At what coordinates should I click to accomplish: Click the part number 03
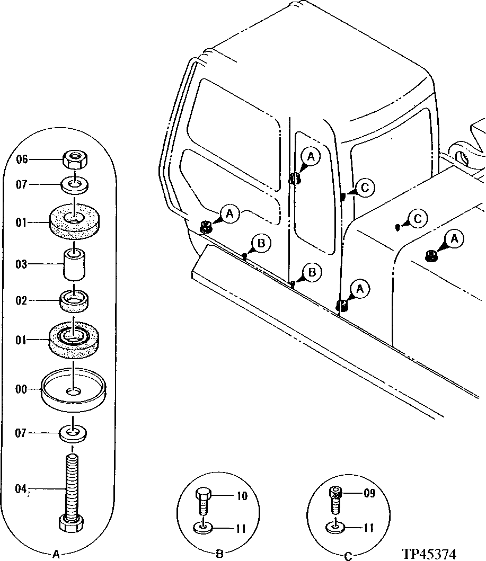[21, 264]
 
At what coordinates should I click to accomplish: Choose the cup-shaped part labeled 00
[74, 391]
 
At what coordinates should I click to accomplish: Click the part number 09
[369, 493]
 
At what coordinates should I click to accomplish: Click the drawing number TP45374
[429, 554]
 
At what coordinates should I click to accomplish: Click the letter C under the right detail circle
[348, 556]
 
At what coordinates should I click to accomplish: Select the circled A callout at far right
[455, 240]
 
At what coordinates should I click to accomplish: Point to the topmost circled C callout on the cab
[366, 187]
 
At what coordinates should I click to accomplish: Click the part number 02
[21, 301]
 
